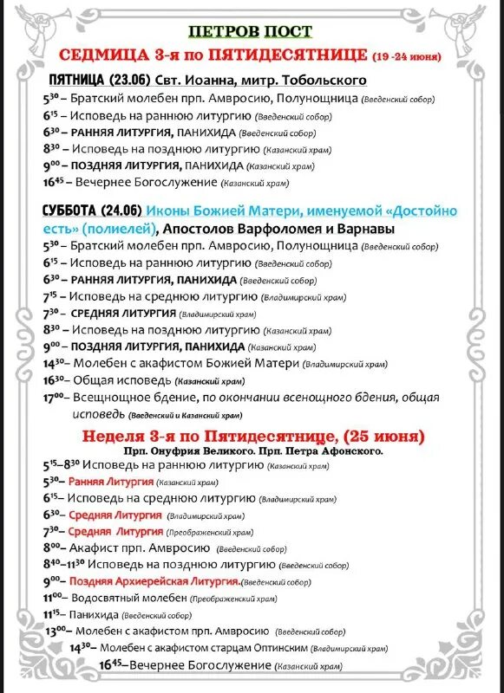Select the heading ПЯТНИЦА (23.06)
point(87,80)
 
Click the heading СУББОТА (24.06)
point(91,211)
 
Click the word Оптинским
point(275,647)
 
